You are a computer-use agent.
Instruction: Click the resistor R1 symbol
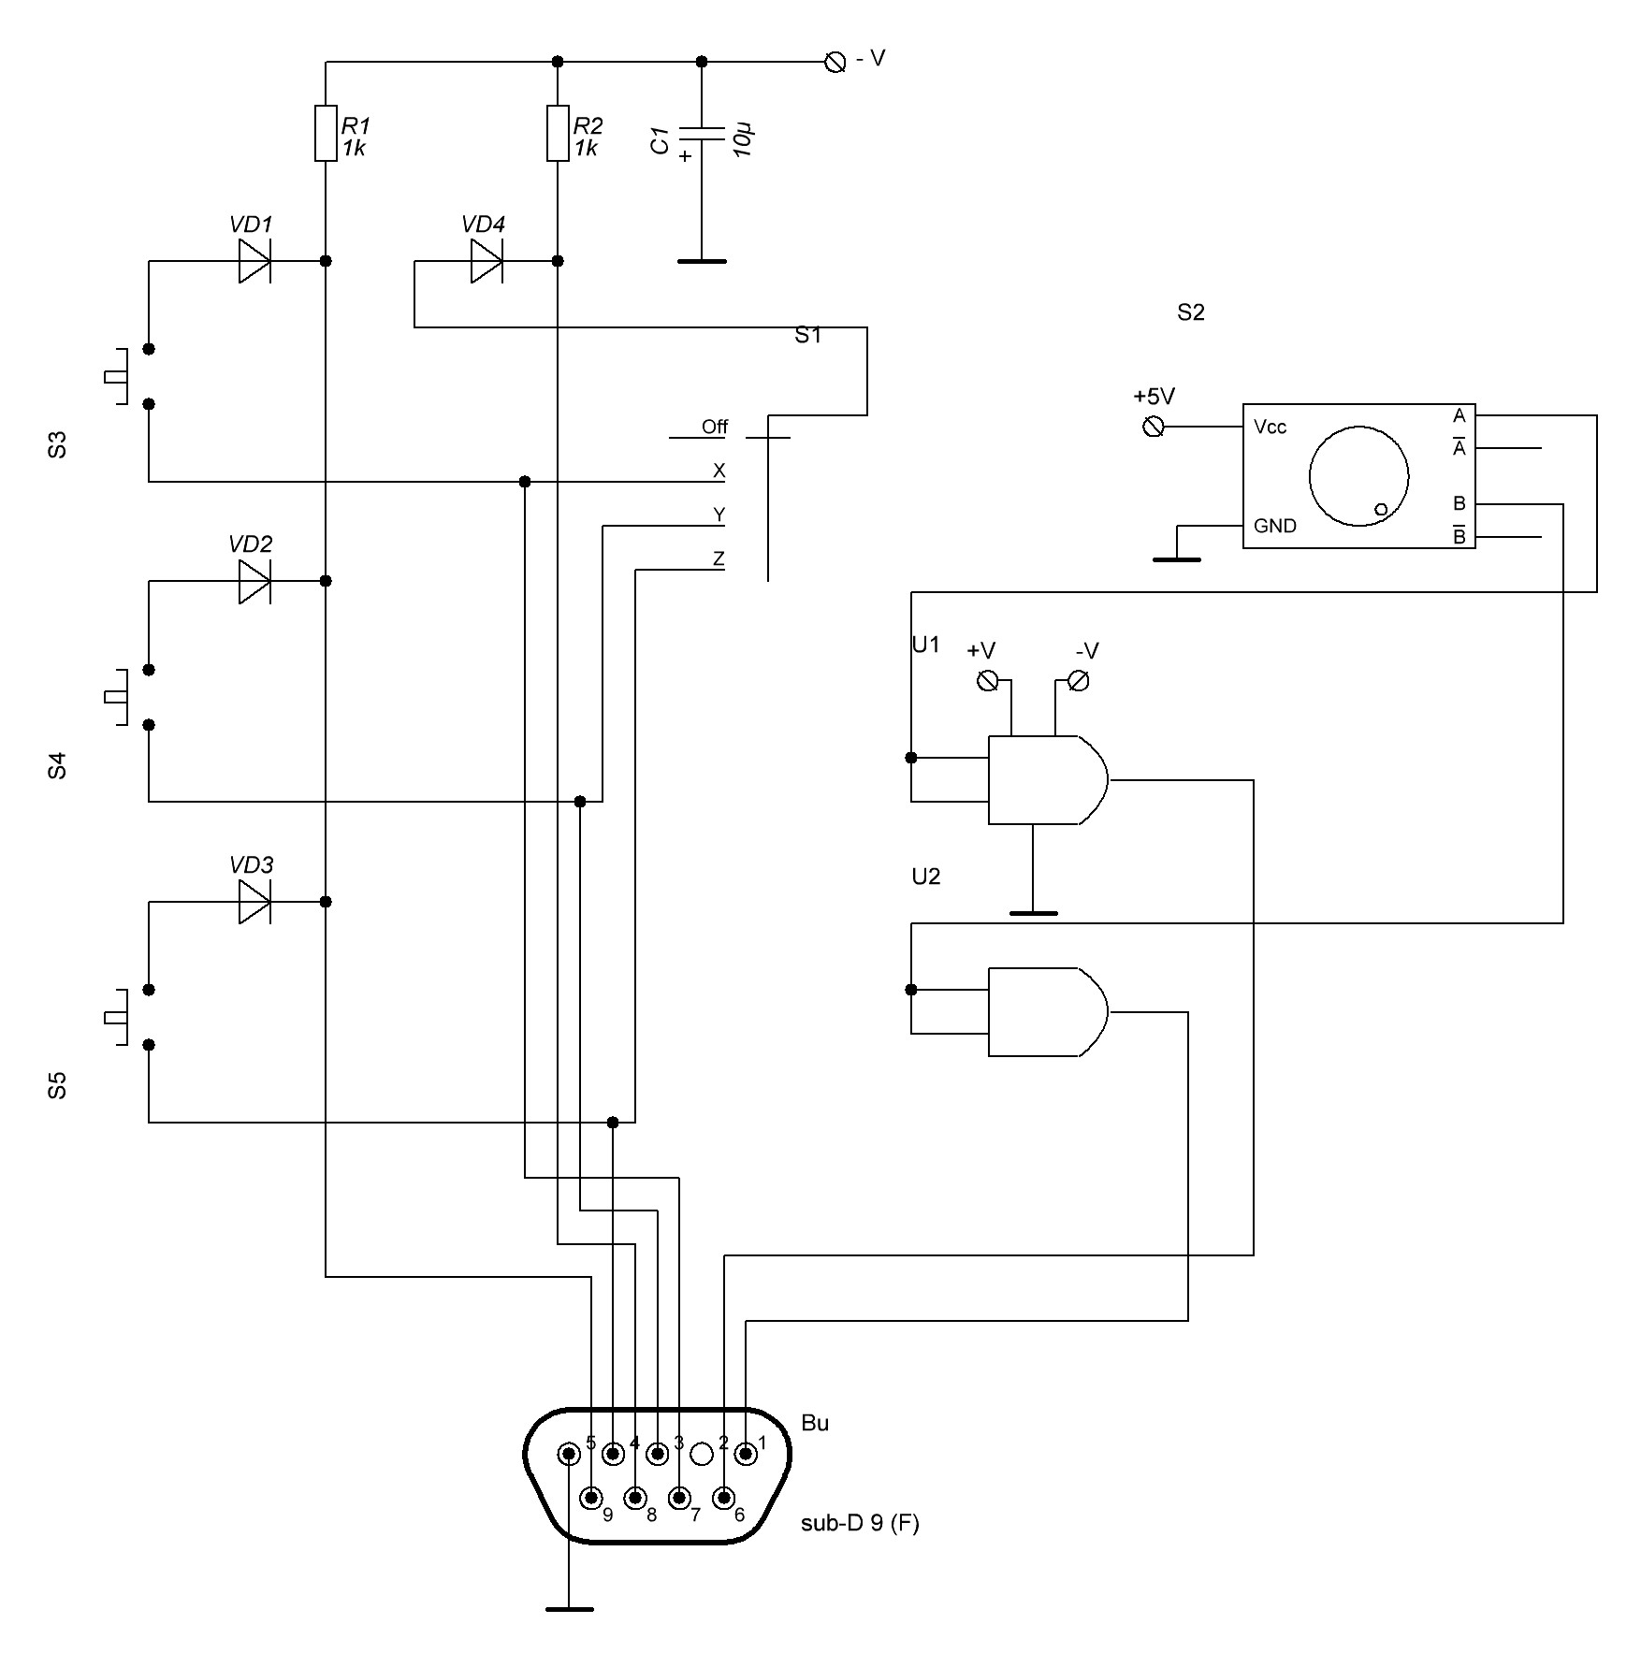[326, 134]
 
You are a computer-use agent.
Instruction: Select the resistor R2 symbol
[558, 134]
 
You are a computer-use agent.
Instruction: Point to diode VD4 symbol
[486, 260]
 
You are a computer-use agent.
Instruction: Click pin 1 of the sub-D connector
[746, 1454]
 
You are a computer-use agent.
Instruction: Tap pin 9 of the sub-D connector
[591, 1499]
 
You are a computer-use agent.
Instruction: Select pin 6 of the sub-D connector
[723, 1499]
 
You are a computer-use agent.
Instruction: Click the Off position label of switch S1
[714, 428]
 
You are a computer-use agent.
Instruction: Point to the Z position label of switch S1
[719, 559]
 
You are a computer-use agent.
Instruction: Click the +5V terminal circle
[1155, 427]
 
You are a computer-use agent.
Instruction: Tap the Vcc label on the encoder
[1270, 428]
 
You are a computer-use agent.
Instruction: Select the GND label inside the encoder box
[1274, 526]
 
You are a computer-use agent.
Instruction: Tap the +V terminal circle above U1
[987, 680]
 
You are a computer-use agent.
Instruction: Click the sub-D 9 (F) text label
[860, 1523]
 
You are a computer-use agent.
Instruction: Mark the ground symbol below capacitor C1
[702, 261]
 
